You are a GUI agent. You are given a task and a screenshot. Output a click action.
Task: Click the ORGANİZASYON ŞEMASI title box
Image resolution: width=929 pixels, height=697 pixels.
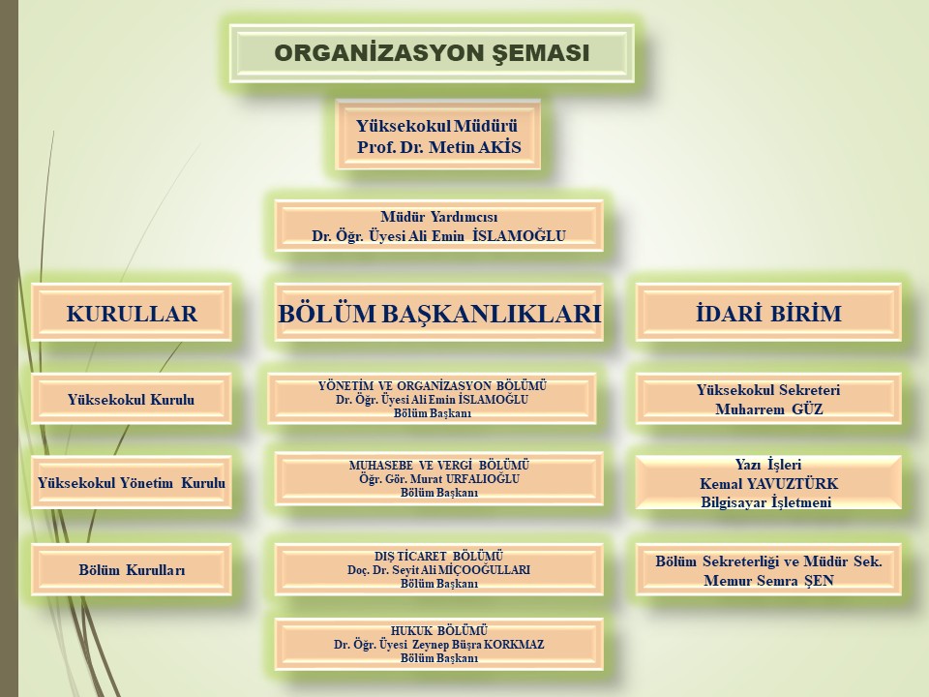pyautogui.click(x=432, y=53)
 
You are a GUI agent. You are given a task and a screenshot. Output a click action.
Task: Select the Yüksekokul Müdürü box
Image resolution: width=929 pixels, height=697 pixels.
pyautogui.click(x=437, y=136)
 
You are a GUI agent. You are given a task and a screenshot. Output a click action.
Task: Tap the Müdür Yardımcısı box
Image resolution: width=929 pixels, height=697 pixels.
pyautogui.click(x=439, y=226)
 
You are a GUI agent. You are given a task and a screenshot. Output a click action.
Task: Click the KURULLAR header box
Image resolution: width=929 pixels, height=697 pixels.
pyautogui.click(x=132, y=313)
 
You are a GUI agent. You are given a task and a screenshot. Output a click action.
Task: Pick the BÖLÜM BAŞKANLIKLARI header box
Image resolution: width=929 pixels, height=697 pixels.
pyautogui.click(x=439, y=313)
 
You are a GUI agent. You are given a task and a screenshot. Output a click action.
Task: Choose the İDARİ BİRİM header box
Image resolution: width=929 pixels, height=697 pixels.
pyautogui.click(x=768, y=313)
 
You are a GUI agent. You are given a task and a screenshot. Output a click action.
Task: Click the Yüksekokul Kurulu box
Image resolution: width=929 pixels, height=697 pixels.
pyautogui.click(x=132, y=399)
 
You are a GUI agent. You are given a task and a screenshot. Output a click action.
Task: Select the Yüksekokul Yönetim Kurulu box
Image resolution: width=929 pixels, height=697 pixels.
pyautogui.click(x=132, y=482)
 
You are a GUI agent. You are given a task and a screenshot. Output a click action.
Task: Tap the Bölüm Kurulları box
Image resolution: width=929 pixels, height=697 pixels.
pyautogui.click(x=132, y=569)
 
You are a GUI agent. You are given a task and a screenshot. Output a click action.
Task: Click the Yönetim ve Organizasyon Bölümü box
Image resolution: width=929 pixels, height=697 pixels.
pyautogui.click(x=432, y=399)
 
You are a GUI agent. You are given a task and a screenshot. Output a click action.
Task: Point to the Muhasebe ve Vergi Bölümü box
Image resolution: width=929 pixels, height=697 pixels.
pyautogui.click(x=439, y=479)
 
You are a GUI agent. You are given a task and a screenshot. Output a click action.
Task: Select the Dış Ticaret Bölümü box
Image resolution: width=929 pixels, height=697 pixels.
pyautogui.click(x=439, y=569)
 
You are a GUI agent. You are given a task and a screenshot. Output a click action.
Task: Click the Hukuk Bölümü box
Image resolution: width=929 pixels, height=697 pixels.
pyautogui.click(x=439, y=645)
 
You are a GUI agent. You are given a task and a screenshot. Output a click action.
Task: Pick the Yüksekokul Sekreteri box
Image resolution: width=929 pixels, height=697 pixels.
pyautogui.click(x=768, y=399)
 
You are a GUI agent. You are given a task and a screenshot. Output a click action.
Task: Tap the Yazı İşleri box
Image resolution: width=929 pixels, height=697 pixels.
pyautogui.click(x=768, y=482)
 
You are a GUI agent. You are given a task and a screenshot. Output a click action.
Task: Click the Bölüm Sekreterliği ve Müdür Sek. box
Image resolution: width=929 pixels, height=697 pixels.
pyautogui.click(x=768, y=569)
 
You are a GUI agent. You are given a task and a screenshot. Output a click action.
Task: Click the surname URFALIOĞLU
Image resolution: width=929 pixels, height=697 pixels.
pyautogui.click(x=483, y=479)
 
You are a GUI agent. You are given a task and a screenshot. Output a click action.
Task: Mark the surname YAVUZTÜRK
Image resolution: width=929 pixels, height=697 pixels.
pyautogui.click(x=793, y=484)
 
